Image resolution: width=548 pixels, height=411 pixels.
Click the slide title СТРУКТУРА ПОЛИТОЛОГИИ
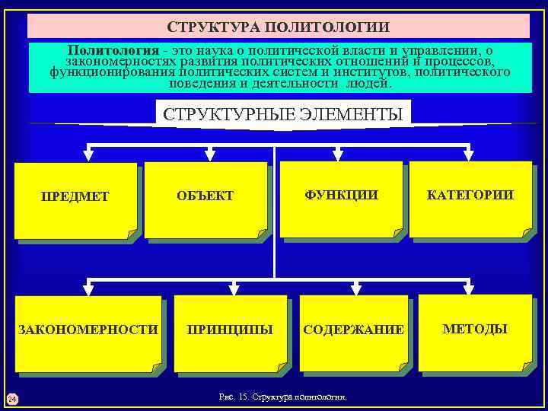(x=279, y=27)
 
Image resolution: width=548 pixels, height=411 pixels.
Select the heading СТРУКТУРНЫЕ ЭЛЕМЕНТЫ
(x=282, y=115)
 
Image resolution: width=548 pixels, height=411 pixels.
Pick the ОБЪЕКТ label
(x=205, y=196)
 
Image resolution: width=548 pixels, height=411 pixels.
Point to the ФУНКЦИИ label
(x=341, y=195)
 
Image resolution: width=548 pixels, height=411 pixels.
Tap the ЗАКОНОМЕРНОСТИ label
(x=88, y=330)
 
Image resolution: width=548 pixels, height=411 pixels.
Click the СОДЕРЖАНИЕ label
(x=353, y=330)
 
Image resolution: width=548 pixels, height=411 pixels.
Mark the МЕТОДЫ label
(x=475, y=329)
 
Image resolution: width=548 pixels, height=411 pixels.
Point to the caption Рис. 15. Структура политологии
(x=282, y=397)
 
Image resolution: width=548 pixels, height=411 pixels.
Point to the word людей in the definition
(x=369, y=84)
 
